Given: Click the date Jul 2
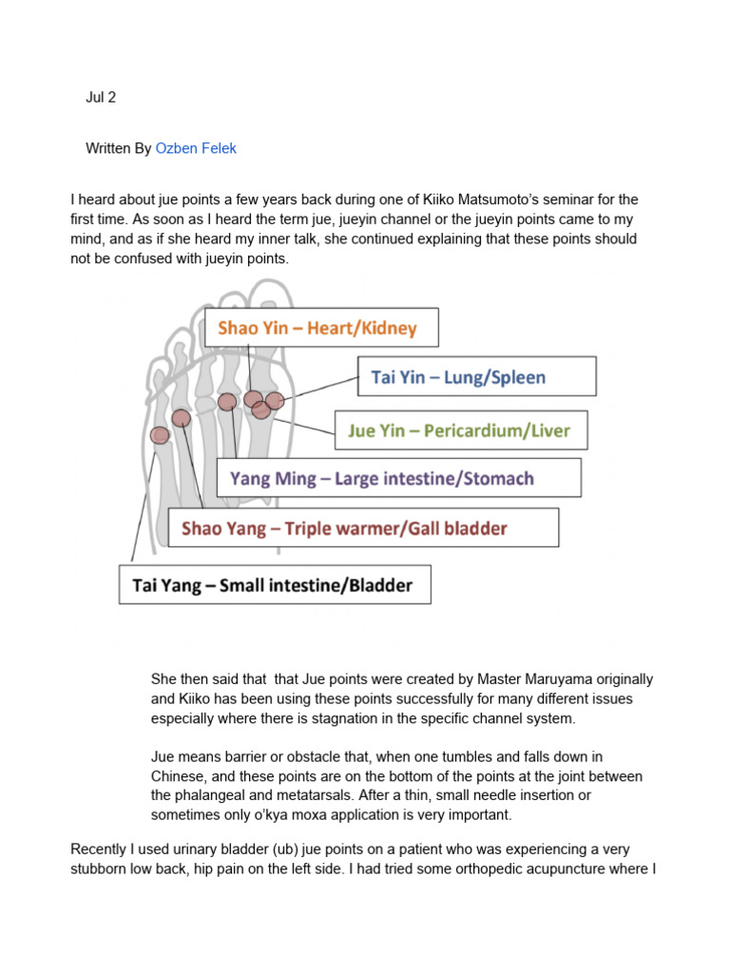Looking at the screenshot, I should click(x=101, y=98).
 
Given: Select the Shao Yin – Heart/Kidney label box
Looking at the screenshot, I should click(x=321, y=328).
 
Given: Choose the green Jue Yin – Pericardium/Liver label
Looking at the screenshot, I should click(x=460, y=430).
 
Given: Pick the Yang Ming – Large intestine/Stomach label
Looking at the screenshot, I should click(x=399, y=478).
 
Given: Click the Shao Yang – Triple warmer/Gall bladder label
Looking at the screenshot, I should click(x=363, y=527).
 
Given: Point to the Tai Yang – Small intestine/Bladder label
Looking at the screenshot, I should click(x=275, y=584).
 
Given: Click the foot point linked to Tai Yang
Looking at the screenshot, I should click(x=160, y=435).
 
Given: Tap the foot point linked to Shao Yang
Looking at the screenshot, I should click(x=182, y=417).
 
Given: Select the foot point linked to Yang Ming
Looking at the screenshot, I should click(x=226, y=402).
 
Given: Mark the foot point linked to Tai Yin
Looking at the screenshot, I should click(x=275, y=400).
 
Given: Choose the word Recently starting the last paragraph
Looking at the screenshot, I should click(x=101, y=849).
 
